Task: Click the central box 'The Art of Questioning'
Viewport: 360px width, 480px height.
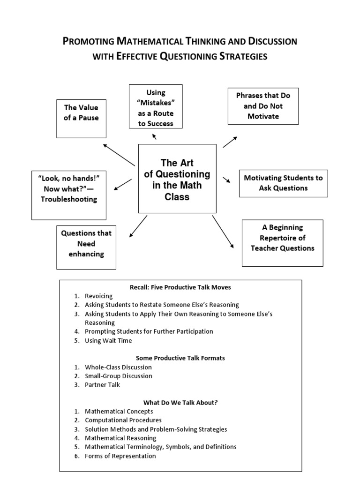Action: click(x=177, y=179)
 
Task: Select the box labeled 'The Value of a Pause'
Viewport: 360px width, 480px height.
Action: click(x=81, y=118)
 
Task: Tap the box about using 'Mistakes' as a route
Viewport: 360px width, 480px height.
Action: click(x=156, y=106)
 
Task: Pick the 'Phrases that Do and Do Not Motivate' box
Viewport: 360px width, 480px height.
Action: click(x=263, y=106)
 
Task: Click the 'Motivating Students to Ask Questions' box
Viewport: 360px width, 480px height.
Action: click(x=283, y=183)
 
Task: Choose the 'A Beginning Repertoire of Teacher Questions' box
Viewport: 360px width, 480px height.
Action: click(x=282, y=243)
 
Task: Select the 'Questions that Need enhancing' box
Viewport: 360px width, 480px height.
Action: click(x=86, y=248)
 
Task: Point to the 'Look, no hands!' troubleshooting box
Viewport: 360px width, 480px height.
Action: click(x=68, y=195)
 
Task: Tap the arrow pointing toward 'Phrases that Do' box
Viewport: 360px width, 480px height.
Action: click(x=230, y=142)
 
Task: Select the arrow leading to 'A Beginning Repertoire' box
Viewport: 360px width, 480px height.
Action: click(x=223, y=232)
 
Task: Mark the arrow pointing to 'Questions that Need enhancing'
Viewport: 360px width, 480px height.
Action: click(x=138, y=226)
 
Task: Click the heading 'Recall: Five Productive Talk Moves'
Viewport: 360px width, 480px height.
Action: click(x=180, y=287)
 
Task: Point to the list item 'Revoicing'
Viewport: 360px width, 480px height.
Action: click(x=98, y=296)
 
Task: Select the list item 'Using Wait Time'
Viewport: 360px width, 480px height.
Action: click(x=108, y=341)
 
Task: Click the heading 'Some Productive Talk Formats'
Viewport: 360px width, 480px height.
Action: click(x=180, y=358)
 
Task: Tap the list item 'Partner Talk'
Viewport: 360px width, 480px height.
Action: click(x=102, y=385)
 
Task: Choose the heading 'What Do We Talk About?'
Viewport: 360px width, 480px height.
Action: click(x=180, y=402)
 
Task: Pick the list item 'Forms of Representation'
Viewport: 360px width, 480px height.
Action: click(x=120, y=456)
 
